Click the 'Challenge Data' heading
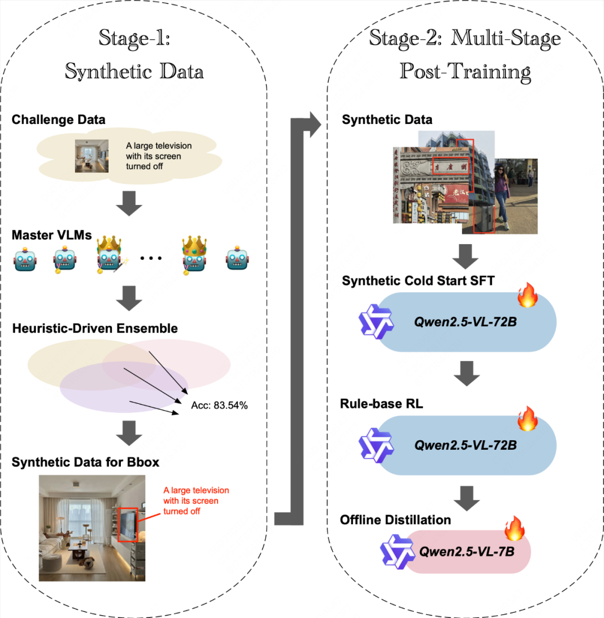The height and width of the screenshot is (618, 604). [58, 119]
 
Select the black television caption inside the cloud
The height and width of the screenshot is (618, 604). [159, 156]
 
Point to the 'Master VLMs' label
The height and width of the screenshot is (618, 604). [51, 235]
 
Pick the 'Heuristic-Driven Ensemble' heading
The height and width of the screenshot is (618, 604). [95, 328]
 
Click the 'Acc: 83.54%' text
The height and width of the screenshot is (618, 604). [219, 405]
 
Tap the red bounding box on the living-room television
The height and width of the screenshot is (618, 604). [129, 524]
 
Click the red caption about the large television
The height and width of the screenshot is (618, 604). [196, 500]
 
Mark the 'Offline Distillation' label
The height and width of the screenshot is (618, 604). [395, 520]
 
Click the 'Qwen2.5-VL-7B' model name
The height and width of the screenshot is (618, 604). [467, 551]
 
